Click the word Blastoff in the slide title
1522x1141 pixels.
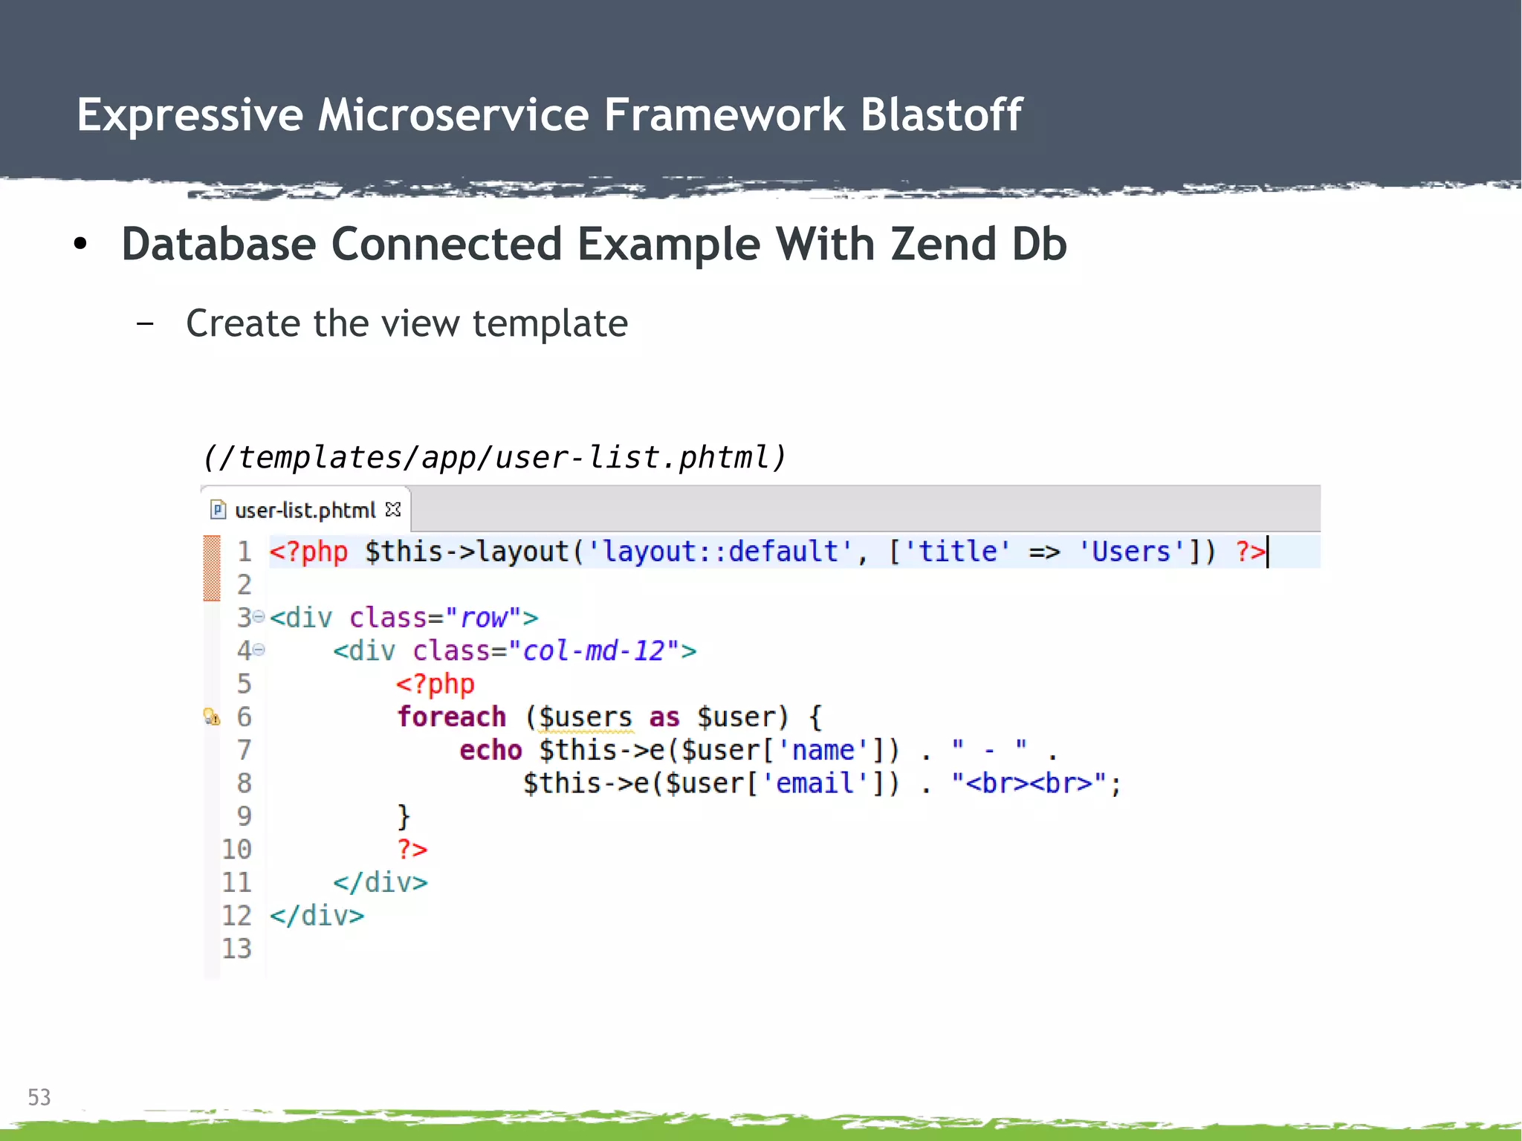click(941, 115)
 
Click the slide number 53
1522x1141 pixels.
click(39, 1097)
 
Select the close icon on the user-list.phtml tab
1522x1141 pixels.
click(393, 510)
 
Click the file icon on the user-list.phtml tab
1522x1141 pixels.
click(218, 510)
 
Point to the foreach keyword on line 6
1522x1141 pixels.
click(451, 717)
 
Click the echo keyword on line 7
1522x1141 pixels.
click(490, 750)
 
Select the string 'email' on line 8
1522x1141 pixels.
click(815, 783)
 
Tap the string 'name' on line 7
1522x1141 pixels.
click(823, 750)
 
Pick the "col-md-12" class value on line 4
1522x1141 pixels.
click(594, 651)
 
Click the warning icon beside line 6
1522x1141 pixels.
click(212, 717)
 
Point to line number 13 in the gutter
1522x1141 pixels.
click(237, 948)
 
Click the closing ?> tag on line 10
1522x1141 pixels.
click(412, 849)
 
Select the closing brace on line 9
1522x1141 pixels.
click(404, 816)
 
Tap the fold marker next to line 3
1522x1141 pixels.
click(259, 617)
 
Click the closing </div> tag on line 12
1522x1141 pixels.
click(317, 916)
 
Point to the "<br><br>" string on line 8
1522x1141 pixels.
click(1029, 783)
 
